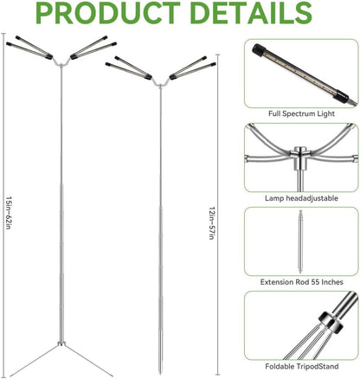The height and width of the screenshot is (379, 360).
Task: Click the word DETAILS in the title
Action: (x=251, y=16)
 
